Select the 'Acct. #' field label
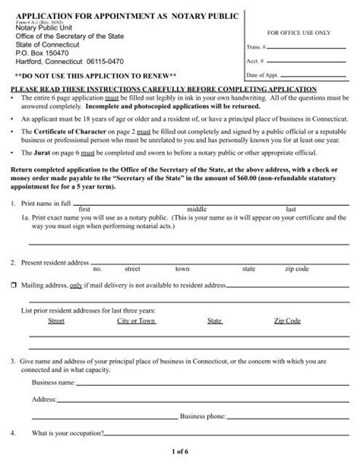click(x=254, y=62)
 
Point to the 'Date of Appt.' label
click(x=261, y=76)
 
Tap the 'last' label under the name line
click(x=290, y=208)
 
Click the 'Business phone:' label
click(x=203, y=416)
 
